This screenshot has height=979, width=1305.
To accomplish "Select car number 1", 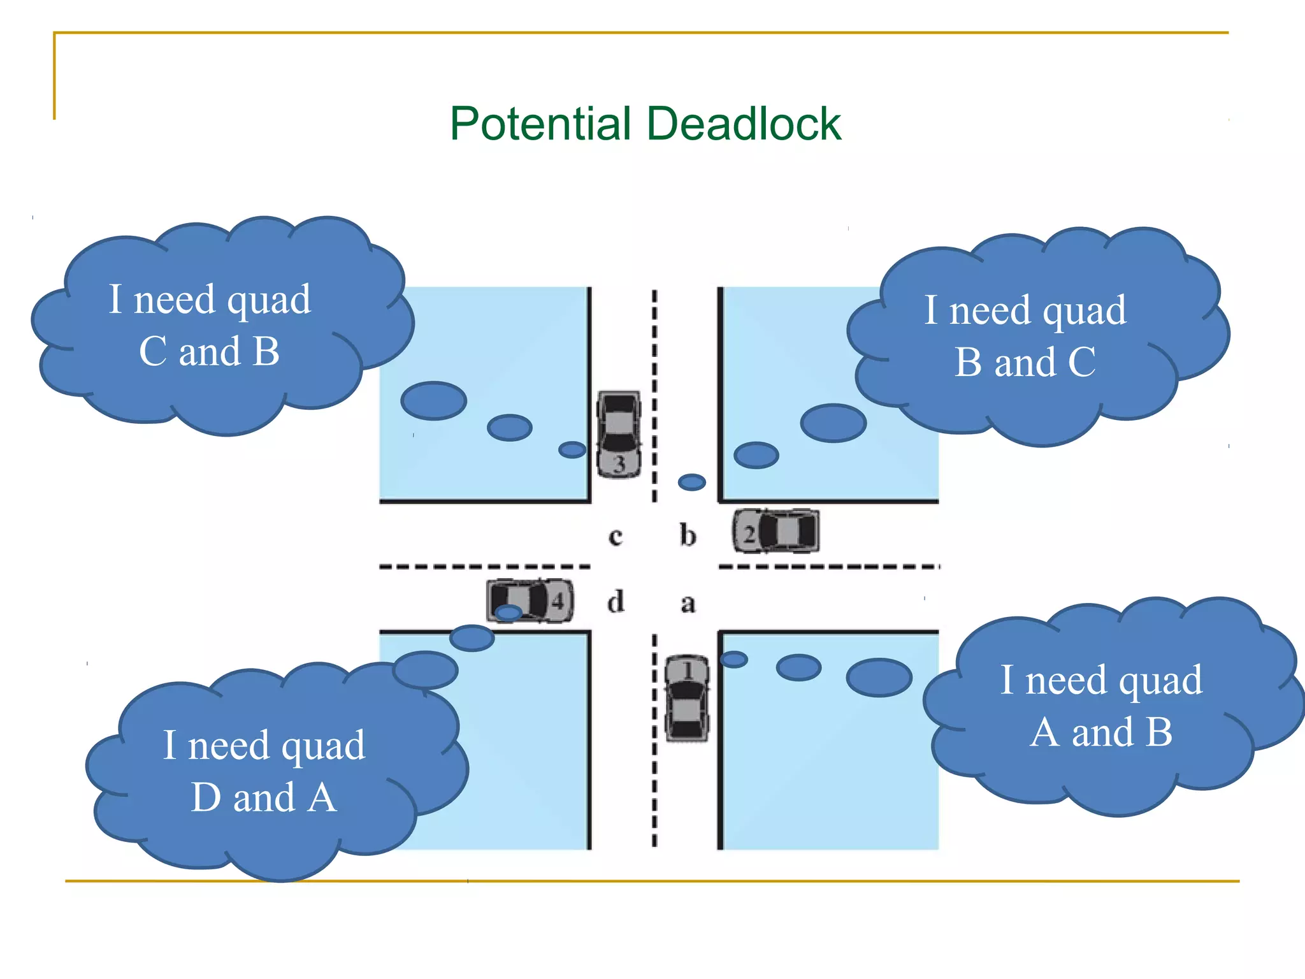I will coord(686,699).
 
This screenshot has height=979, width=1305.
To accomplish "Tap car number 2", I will coord(775,531).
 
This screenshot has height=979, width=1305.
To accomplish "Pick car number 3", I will coord(618,434).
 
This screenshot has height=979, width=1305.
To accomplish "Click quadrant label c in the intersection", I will coord(615,536).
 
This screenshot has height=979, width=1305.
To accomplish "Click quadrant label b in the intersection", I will coord(688,535).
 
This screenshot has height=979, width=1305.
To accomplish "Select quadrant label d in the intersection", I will coord(616,602).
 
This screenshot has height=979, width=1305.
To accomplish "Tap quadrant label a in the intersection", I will coord(688,603).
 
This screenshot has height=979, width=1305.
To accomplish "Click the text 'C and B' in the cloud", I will coord(209,351).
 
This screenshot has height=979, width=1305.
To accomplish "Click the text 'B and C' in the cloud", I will coord(1025,362).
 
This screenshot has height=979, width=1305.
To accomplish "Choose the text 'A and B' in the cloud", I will coord(1101,732).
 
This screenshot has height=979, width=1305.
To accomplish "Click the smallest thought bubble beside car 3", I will coord(572,449).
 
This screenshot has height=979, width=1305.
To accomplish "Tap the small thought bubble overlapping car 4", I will coord(508,613).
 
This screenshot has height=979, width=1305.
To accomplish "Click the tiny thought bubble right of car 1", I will coord(733,659).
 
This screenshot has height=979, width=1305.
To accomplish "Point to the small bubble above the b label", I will coord(691,482).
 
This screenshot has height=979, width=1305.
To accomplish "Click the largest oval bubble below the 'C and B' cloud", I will coord(433,400).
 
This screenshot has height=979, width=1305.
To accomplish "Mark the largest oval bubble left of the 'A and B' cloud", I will coord(879,677).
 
